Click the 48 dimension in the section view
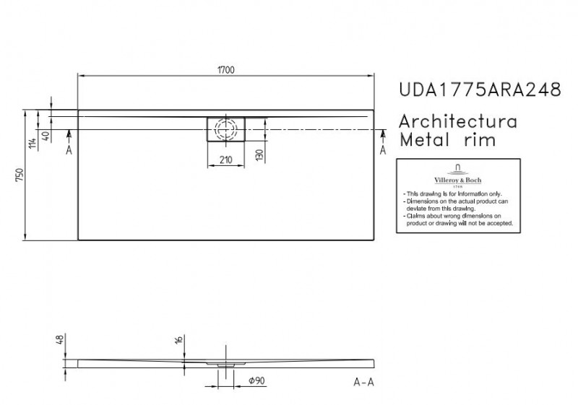coord(60,338)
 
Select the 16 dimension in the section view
coord(178,341)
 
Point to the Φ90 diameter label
coord(257,380)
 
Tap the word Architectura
coord(458,121)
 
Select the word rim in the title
coord(479,139)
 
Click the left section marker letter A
coord(69,149)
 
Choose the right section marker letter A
coord(382,149)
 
